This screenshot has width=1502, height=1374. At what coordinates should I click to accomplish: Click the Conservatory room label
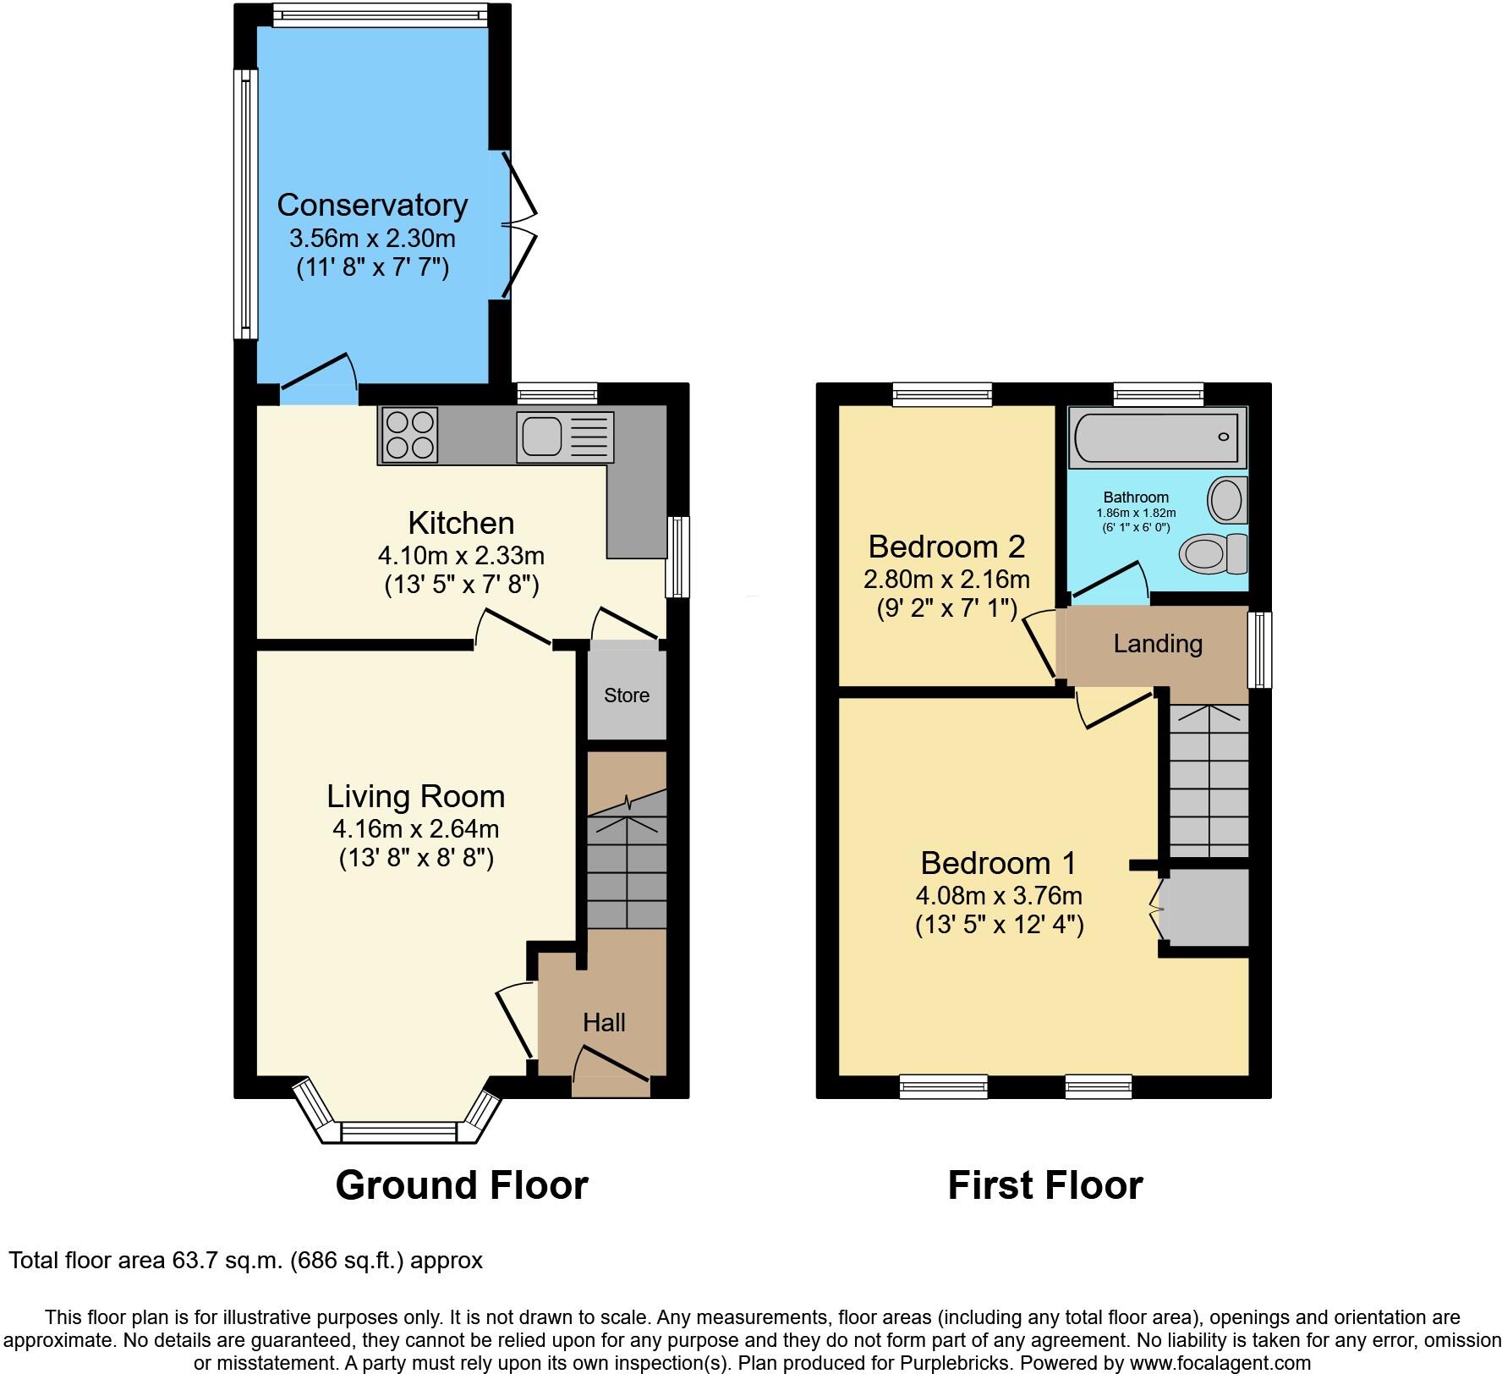pyautogui.click(x=372, y=205)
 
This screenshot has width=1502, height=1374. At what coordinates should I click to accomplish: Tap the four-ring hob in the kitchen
pyautogui.click(x=410, y=435)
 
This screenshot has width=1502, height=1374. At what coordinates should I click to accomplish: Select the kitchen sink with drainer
pyautogui.click(x=564, y=437)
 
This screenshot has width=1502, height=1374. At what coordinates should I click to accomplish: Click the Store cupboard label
pyautogui.click(x=627, y=695)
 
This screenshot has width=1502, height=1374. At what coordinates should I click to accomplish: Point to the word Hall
pyautogui.click(x=604, y=1023)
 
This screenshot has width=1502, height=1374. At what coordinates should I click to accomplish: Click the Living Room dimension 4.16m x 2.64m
pyautogui.click(x=416, y=828)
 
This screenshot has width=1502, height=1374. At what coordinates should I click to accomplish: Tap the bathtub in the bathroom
pyautogui.click(x=1157, y=437)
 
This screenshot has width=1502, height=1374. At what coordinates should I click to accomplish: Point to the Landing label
pyautogui.click(x=1158, y=644)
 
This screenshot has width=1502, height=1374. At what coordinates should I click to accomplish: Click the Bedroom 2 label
pyautogui.click(x=946, y=547)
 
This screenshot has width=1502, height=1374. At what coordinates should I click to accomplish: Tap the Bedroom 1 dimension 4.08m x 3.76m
pyautogui.click(x=999, y=895)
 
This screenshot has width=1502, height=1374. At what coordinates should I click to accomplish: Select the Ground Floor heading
pyautogui.click(x=462, y=1185)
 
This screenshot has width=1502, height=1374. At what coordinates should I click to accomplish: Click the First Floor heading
pyautogui.click(x=1045, y=1185)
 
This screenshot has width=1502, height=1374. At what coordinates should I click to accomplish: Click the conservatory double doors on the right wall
pyautogui.click(x=518, y=224)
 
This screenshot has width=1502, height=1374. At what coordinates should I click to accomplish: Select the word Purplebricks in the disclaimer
pyautogui.click(x=960, y=1363)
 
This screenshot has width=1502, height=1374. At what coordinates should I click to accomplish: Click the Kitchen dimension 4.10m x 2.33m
pyautogui.click(x=461, y=556)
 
